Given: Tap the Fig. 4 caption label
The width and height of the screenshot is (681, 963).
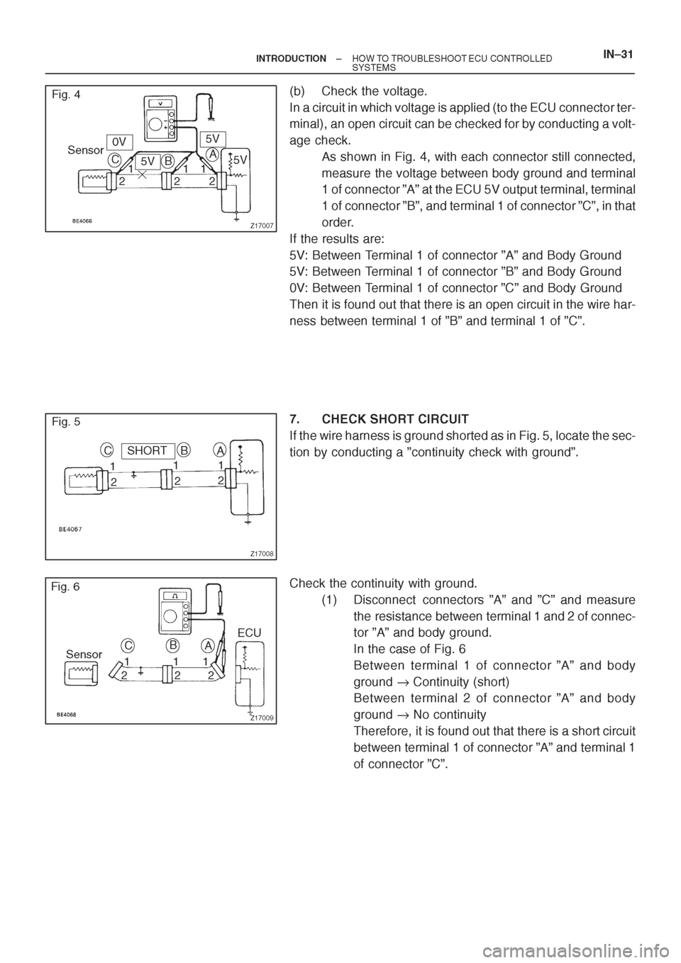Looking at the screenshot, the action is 66,94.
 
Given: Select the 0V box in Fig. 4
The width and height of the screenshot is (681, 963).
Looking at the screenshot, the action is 120,141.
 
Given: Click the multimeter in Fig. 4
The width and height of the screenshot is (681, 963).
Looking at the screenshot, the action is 160,117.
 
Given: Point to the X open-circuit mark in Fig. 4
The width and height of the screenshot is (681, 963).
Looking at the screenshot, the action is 143,175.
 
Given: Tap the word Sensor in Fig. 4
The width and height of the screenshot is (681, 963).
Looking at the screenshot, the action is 86,150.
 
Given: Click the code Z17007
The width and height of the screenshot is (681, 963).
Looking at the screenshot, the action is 261,226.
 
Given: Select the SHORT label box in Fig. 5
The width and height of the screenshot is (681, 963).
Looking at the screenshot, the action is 148,450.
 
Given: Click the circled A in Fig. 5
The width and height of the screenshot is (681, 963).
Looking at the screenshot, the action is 220,450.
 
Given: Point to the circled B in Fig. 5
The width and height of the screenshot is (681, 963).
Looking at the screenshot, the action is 184,450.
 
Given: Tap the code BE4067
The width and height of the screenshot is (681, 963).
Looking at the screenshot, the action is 70,530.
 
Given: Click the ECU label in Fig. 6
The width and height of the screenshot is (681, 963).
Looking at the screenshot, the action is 250,633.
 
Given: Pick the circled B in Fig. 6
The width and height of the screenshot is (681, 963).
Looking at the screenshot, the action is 172,645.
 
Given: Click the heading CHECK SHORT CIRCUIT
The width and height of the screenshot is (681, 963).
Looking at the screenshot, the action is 395,418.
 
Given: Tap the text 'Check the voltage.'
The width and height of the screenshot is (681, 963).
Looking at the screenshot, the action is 375,91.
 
